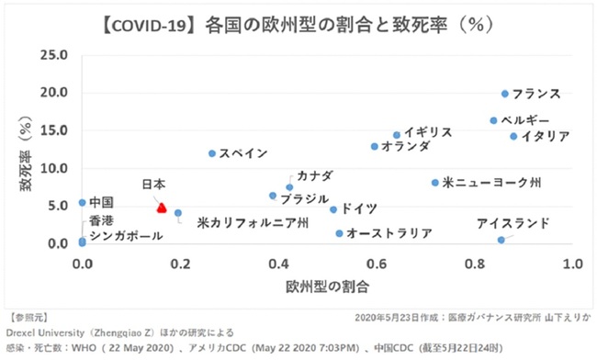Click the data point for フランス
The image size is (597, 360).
click(505, 94)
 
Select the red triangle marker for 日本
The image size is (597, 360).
click(162, 208)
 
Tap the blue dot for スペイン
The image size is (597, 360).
click(212, 153)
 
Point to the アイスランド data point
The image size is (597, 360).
click(501, 240)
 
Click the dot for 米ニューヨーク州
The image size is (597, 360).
click(435, 183)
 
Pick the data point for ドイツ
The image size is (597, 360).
click(333, 209)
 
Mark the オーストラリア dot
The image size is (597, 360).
click(339, 233)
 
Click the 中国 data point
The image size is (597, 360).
click(83, 203)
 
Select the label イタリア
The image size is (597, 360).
click(546, 136)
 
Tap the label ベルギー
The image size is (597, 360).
click(525, 120)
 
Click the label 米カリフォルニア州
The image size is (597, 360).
click(253, 222)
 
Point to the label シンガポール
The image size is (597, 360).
click(127, 236)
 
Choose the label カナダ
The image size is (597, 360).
click(315, 175)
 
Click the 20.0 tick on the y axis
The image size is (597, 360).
click(54, 93)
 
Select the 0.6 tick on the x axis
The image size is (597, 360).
click(377, 264)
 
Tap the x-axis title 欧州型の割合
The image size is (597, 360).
click(328, 287)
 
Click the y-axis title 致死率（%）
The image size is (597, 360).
click(26, 153)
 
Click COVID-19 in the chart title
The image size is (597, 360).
click(149, 26)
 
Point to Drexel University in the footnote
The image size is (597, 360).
click(45, 332)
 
